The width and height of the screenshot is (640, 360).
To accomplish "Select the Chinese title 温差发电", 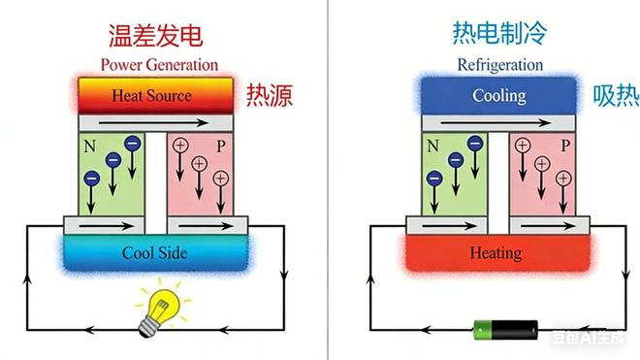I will tap(155, 36).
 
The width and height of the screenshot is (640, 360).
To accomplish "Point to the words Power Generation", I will tap(159, 65).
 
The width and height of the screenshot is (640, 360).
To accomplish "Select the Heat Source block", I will tap(152, 96).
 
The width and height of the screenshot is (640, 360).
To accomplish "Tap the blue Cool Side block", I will tap(154, 253).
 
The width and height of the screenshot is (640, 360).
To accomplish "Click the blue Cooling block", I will tap(498, 96).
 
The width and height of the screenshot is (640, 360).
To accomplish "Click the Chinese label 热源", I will tap(269, 95).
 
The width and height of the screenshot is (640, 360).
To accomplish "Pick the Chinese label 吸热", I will tap(615, 95).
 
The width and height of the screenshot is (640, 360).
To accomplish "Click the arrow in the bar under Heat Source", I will tap(155, 124).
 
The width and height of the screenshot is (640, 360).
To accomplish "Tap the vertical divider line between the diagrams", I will tap(327, 180).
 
